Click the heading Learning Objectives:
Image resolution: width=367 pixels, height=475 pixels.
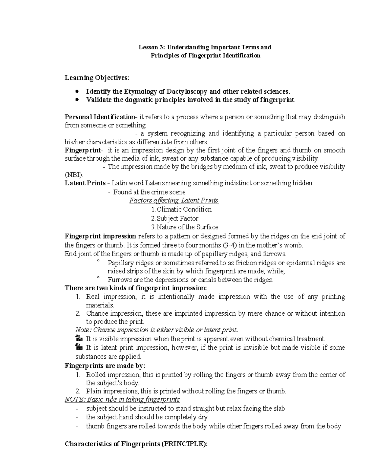pos(97,78)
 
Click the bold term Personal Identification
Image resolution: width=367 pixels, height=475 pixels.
pos(100,117)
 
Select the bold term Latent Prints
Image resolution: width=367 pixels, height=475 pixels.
pos(85,183)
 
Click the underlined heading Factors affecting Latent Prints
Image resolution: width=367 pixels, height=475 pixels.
pos(174,201)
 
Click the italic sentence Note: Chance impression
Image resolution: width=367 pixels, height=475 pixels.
pos(156,330)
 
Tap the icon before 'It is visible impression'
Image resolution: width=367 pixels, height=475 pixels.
pos(79,339)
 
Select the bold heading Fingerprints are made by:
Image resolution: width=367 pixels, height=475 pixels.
pos(105,366)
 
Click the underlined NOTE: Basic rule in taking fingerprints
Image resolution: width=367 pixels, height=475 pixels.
pos(122,399)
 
